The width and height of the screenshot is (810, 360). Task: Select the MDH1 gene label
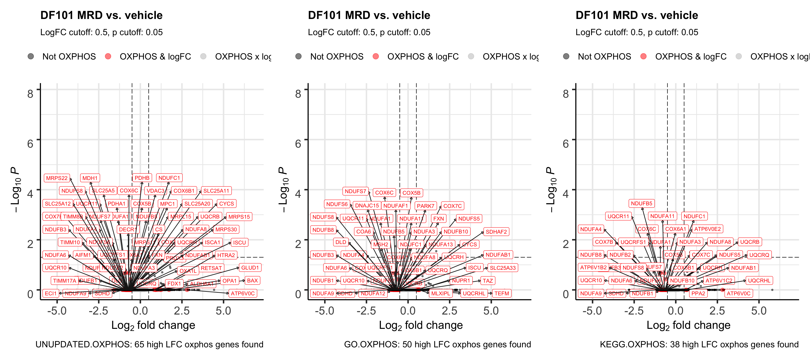(90, 178)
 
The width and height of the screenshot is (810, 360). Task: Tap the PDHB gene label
(142, 178)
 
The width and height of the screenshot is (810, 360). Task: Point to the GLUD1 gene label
(250, 268)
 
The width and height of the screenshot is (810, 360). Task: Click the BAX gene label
(252, 281)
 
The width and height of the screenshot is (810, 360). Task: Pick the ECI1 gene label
(51, 293)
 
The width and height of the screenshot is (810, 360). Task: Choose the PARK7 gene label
(425, 206)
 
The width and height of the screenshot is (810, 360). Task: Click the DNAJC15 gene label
(367, 206)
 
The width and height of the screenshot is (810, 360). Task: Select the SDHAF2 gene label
(496, 232)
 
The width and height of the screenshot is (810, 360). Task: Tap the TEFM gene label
(502, 293)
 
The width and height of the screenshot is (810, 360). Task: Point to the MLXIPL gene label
(441, 293)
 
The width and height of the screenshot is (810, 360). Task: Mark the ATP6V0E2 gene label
(708, 229)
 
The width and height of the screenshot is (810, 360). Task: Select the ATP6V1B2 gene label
(593, 268)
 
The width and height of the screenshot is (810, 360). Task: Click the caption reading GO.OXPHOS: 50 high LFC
(437, 345)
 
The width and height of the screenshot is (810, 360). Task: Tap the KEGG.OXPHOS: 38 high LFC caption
(699, 345)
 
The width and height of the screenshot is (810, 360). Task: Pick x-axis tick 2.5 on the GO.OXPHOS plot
(449, 311)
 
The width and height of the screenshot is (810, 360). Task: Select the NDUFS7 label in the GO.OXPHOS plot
(355, 191)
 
